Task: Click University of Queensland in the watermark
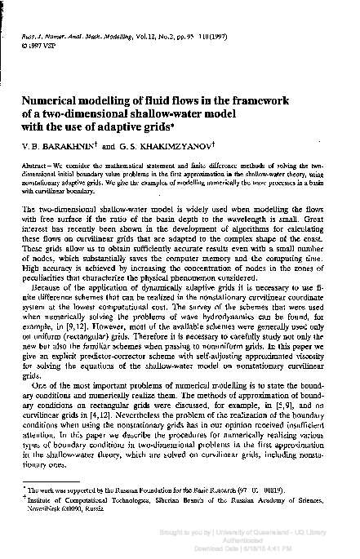[287, 531]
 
